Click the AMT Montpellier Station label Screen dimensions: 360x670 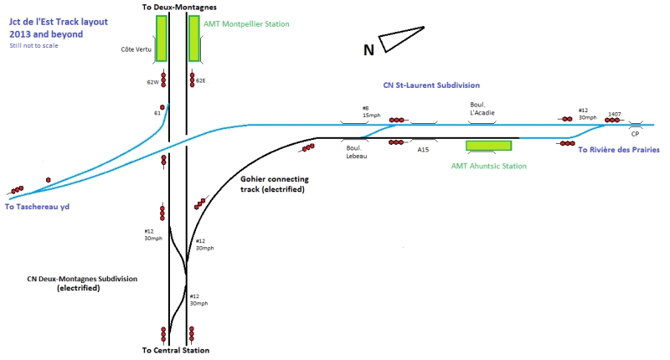point(247,24)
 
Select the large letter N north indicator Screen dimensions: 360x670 point(368,51)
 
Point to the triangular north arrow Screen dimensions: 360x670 point(401,38)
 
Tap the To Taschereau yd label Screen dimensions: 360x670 point(41,206)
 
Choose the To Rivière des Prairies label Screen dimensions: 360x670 point(619,149)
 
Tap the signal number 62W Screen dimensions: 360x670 point(152,82)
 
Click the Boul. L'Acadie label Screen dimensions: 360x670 point(483,110)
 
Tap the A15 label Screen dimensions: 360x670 point(423,150)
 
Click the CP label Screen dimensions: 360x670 point(636,135)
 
